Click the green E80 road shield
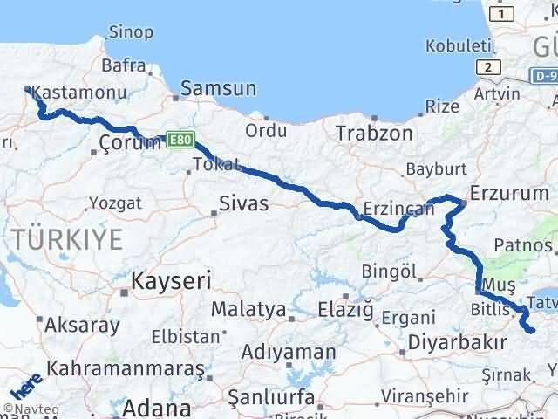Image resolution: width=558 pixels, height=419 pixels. (180, 138)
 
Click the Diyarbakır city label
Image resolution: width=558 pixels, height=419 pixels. (457, 341)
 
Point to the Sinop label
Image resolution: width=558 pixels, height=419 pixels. (131, 32)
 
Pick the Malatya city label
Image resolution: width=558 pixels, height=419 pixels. (248, 310)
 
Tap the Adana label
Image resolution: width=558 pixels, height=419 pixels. (158, 408)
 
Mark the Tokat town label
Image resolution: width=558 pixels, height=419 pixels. (216, 164)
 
